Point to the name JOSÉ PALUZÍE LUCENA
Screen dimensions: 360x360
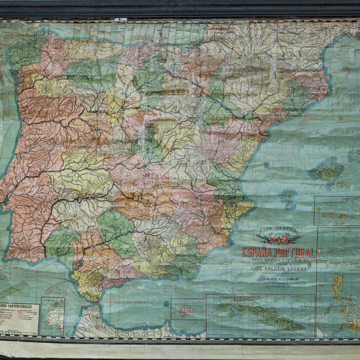[x=278, y=267]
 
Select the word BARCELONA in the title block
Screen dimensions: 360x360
[x=279, y=278]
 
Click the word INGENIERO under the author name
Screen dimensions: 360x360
[x=278, y=272]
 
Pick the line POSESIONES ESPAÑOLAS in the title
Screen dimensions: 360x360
[x=278, y=260]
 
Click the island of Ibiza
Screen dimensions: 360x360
[x=287, y=195]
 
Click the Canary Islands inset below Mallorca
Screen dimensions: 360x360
[x=336, y=213]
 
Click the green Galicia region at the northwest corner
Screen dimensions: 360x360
[x=26, y=52]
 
